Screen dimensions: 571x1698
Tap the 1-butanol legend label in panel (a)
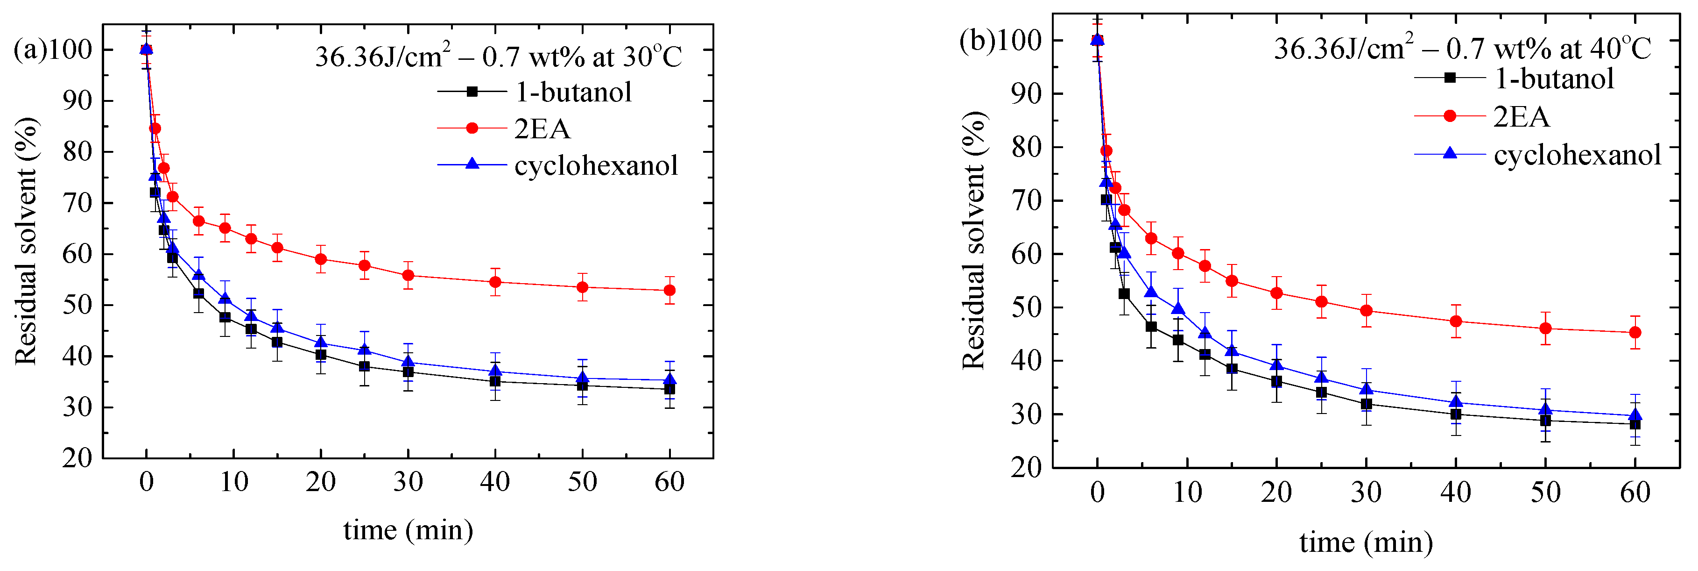(x=573, y=93)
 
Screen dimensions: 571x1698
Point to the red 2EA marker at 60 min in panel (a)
(x=669, y=290)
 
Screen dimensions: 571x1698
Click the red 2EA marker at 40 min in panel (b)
(x=1455, y=322)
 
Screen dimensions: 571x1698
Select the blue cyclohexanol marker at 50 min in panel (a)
(x=582, y=378)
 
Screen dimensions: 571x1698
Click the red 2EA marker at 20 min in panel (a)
(x=321, y=259)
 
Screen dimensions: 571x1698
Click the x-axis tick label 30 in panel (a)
(x=408, y=483)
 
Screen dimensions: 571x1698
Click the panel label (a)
(x=30, y=50)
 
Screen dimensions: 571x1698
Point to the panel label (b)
(x=976, y=41)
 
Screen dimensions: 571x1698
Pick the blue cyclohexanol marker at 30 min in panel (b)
(x=1366, y=390)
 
